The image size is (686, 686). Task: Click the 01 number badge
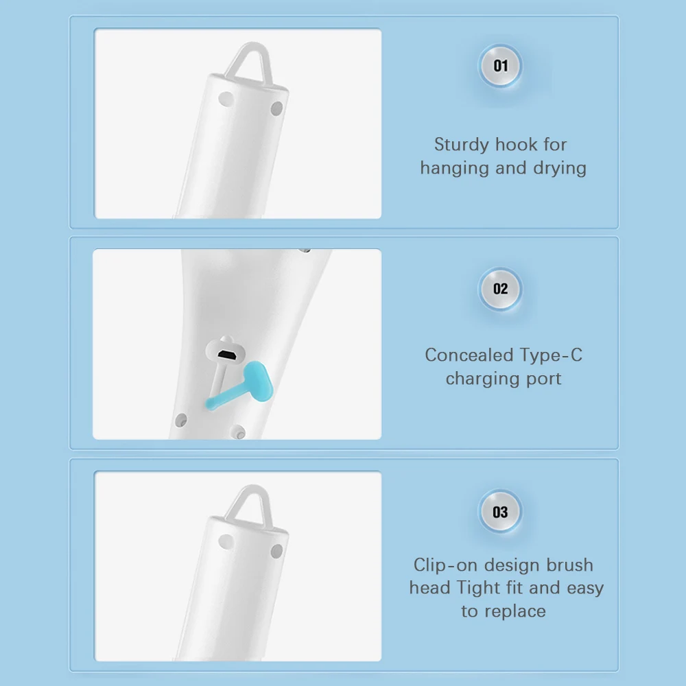pos(500,66)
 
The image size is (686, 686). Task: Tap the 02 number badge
pos(500,289)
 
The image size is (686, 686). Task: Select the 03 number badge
pos(500,512)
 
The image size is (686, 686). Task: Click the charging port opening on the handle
pos(226,355)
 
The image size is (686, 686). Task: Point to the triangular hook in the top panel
pos(250,64)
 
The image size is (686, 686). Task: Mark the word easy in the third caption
pos(585,588)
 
